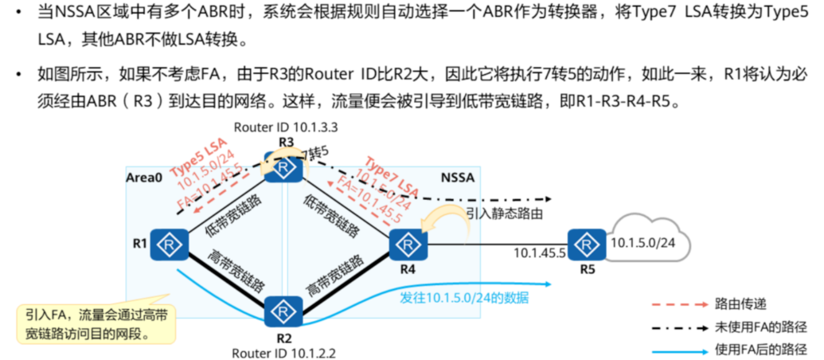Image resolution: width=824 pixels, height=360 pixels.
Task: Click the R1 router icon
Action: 168,242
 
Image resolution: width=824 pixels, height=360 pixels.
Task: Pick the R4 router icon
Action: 405,241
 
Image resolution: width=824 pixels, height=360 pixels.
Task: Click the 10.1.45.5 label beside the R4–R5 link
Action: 537,253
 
